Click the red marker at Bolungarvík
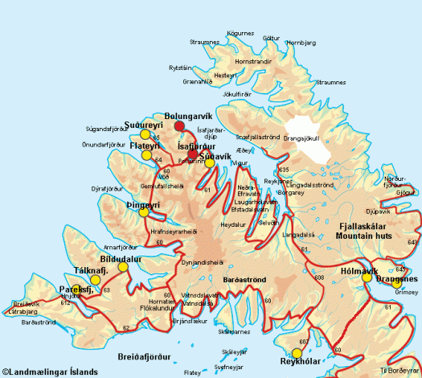click(x=179, y=126)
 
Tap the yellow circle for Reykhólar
click(x=297, y=352)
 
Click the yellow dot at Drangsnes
click(x=396, y=282)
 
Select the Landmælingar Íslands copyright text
click(x=50, y=372)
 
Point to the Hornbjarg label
click(x=301, y=42)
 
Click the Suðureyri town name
click(x=144, y=125)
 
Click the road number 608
click(x=319, y=277)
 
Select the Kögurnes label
click(x=240, y=33)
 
